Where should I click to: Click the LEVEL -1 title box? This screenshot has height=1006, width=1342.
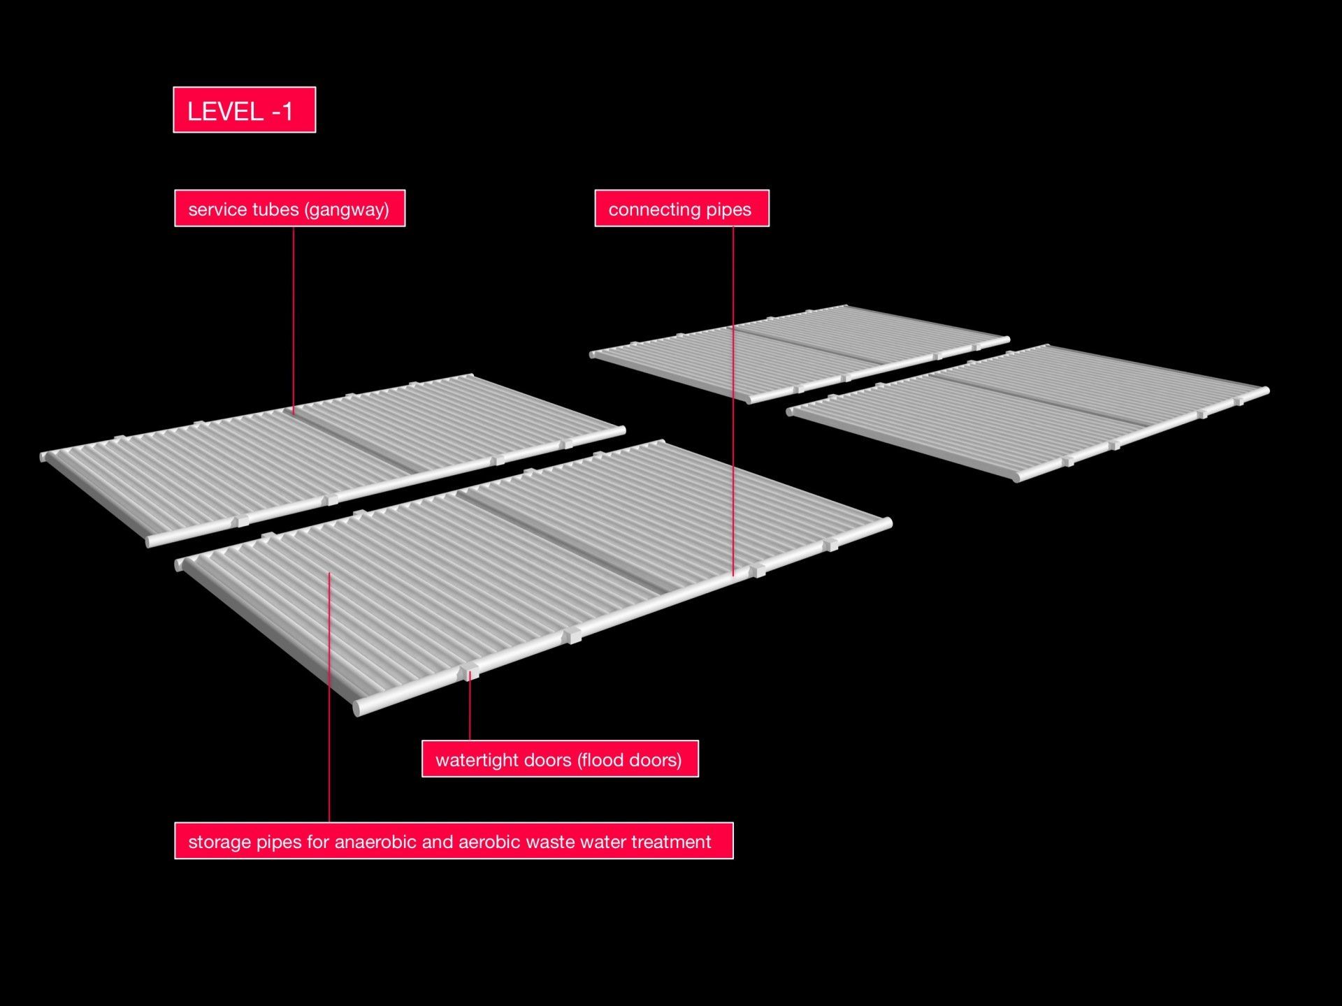tap(245, 110)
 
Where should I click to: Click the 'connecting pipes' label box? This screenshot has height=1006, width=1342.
tap(681, 208)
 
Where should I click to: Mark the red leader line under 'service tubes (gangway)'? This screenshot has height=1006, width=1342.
tap(294, 321)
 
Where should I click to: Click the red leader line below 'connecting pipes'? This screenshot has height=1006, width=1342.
tap(733, 401)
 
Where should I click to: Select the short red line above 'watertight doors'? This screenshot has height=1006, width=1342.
tap(470, 706)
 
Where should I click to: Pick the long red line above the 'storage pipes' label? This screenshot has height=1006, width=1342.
tap(329, 698)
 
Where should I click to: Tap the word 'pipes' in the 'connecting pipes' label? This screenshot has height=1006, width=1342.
tap(729, 210)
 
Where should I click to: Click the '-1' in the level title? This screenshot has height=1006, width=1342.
tap(280, 111)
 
